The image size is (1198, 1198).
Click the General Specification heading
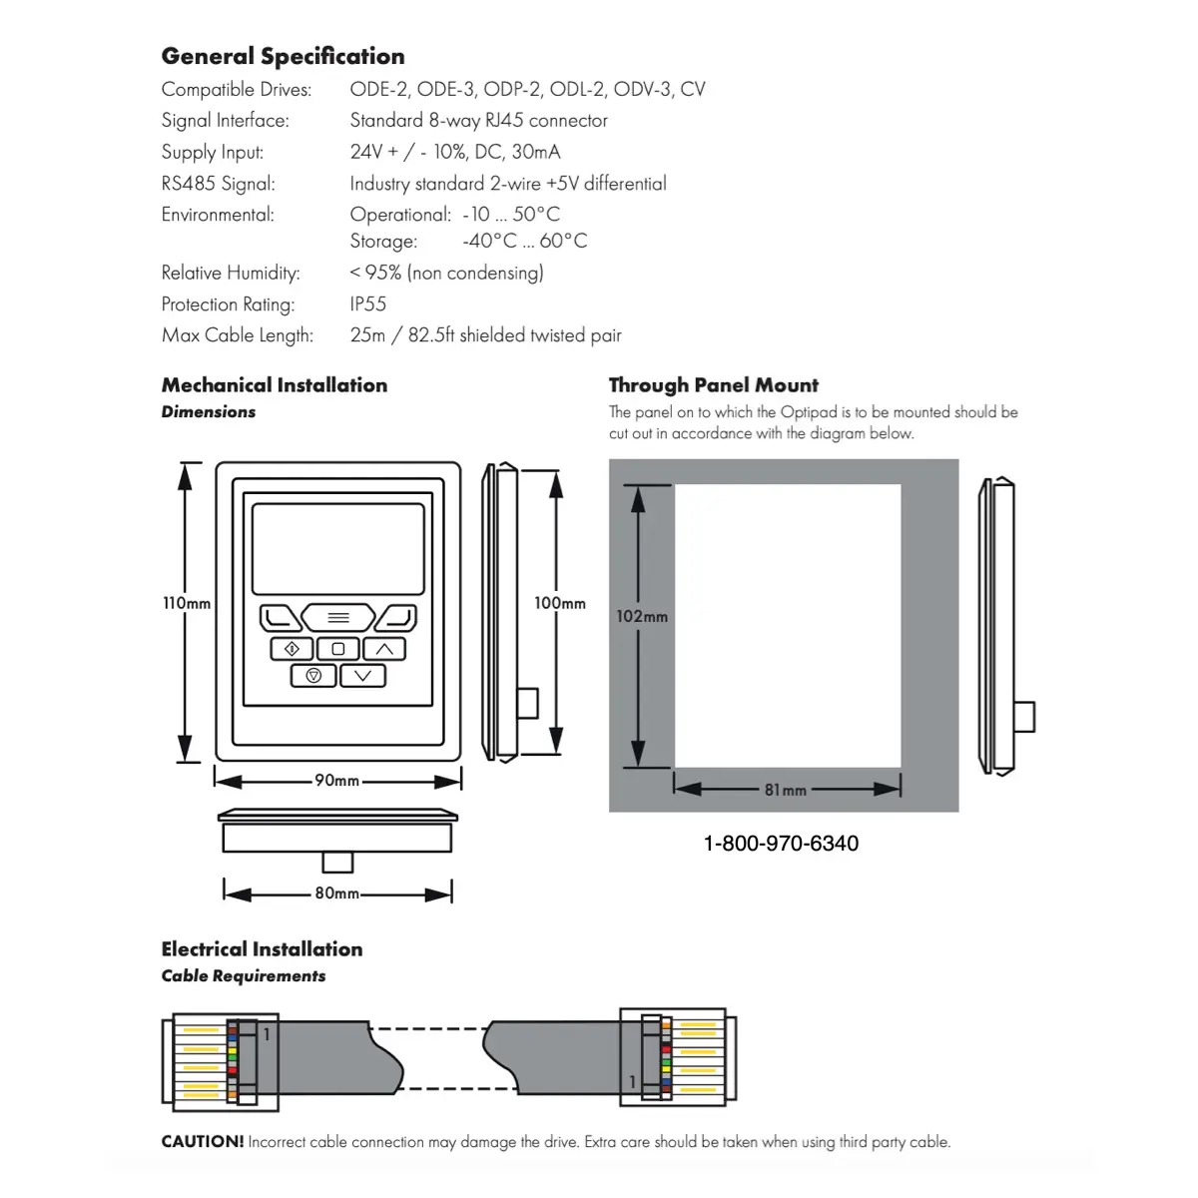(283, 56)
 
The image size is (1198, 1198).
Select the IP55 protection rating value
(368, 304)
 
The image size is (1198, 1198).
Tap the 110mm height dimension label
(187, 603)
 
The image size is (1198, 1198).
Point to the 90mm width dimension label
(337, 781)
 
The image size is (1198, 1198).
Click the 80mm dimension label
(337, 893)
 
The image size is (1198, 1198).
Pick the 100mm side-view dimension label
(559, 603)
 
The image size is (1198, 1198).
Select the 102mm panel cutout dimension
(642, 616)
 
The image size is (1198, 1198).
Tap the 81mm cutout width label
(786, 790)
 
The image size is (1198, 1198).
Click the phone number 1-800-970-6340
(781, 843)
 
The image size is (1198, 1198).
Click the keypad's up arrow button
(384, 649)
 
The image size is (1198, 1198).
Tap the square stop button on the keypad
(338, 649)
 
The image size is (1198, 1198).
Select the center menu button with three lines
(338, 617)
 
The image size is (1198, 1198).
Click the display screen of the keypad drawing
(338, 549)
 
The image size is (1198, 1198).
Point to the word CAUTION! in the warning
(203, 1141)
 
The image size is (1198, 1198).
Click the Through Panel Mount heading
(714, 385)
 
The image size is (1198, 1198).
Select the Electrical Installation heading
(262, 949)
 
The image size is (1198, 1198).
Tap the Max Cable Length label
(238, 335)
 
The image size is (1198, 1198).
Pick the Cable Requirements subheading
(243, 976)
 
